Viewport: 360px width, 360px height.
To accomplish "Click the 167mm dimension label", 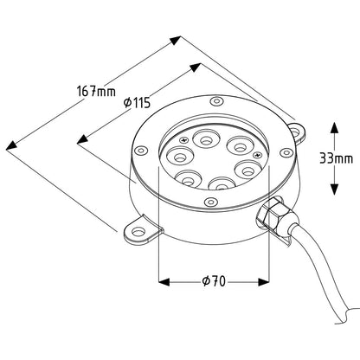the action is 96,91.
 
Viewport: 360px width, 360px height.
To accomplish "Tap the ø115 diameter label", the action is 137,102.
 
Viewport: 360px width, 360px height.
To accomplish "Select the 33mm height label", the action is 336,158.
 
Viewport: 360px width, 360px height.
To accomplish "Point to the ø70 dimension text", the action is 214,281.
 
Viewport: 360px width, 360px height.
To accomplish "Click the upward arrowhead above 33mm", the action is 334,127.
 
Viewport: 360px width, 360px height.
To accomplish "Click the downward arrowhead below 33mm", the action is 334,190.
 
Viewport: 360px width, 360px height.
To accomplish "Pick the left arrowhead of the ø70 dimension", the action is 164,282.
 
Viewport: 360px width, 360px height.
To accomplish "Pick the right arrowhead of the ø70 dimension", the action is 263,282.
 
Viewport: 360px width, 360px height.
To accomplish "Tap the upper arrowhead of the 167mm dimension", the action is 176,40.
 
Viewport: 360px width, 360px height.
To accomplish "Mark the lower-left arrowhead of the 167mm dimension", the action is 11,145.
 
